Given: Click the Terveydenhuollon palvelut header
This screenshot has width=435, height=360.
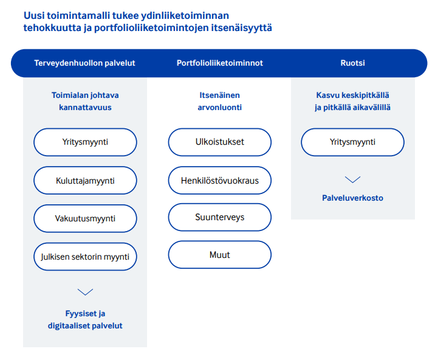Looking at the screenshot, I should tap(84, 63).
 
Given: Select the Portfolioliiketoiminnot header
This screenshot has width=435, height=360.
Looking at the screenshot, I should tap(219, 63).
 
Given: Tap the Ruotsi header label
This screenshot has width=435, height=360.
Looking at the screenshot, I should tap(352, 63).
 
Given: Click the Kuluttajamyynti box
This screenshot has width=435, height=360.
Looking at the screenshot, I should tap(85, 181).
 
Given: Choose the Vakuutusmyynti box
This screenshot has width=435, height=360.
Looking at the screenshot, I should tap(85, 218).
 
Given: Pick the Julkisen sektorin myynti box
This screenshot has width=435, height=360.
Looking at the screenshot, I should tap(85, 257).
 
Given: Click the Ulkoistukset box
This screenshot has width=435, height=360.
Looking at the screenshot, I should tap(219, 142).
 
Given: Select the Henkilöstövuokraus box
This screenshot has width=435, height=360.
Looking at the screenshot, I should tap(219, 181).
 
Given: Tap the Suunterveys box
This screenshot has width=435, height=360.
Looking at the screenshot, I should tap(219, 217).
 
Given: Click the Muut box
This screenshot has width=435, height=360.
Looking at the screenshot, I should tap(219, 255).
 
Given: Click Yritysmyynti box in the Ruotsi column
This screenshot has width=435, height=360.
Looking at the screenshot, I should tap(352, 142).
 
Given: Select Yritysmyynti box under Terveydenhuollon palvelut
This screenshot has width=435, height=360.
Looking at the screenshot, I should tap(85, 142).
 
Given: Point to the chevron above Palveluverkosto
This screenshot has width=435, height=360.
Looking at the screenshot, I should tap(352, 180).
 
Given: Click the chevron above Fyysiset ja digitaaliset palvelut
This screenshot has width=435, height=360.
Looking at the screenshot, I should tap(85, 292).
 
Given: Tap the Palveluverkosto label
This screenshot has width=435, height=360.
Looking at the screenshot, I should tap(352, 198).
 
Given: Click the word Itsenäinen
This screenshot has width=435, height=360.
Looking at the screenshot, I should tap(219, 95).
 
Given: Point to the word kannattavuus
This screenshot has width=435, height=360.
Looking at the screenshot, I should tap(85, 108).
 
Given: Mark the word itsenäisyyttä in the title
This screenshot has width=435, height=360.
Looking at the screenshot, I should tap(244, 28).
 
